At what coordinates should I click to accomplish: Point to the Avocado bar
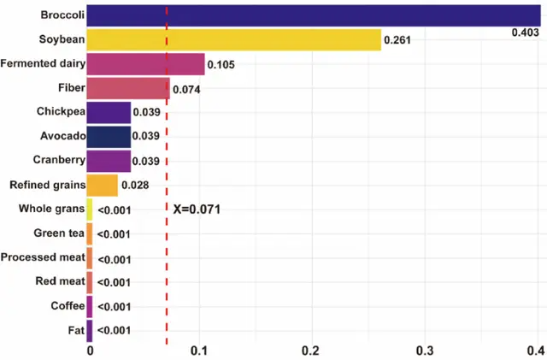click(109, 136)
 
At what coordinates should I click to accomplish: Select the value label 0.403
click(524, 32)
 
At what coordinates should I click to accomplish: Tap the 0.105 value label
click(221, 65)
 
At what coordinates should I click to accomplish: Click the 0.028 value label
click(135, 185)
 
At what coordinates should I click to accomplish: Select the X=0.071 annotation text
click(197, 209)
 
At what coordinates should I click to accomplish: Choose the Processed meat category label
click(42, 257)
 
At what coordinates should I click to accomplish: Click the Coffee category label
click(66, 305)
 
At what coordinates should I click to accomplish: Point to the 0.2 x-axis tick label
click(310, 350)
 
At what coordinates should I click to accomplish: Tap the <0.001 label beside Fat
click(113, 330)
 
